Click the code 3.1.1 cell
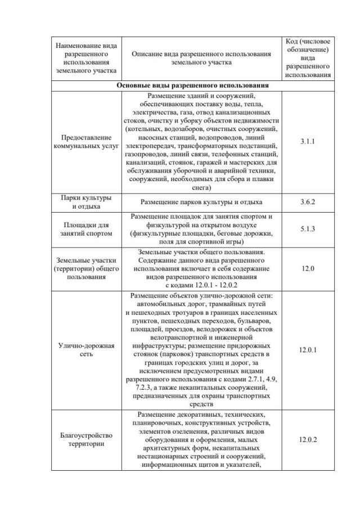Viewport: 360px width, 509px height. pyautogui.click(x=308, y=142)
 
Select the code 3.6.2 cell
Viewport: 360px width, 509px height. pyautogui.click(x=308, y=202)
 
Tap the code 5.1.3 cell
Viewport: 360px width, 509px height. pyautogui.click(x=308, y=229)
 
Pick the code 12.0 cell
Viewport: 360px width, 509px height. pyautogui.click(x=308, y=269)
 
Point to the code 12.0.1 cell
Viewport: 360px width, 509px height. pyautogui.click(x=308, y=350)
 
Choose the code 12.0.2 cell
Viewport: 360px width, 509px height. pyautogui.click(x=308, y=440)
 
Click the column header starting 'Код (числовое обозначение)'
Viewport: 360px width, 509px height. pyautogui.click(x=308, y=58)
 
